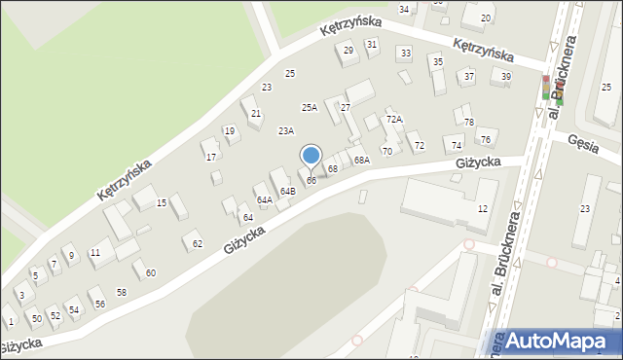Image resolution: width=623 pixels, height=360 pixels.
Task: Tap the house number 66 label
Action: coord(311,181)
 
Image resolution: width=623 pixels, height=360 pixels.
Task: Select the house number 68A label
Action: coord(361,160)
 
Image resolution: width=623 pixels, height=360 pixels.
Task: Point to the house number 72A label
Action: coord(393,119)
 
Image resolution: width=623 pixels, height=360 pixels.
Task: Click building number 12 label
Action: coord(482,209)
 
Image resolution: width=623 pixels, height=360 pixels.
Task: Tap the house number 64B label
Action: coord(287,192)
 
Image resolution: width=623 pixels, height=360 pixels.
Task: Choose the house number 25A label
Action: coord(310,108)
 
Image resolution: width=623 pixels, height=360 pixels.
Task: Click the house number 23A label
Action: coord(285,130)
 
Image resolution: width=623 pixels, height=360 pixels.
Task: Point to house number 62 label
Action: coord(198,243)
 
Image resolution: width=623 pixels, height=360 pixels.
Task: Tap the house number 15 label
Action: coord(162,202)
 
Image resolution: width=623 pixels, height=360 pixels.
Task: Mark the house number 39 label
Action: coord(505,76)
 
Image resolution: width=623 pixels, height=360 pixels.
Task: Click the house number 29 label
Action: coord(348,50)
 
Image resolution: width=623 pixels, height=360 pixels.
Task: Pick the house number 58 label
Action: coord(122,292)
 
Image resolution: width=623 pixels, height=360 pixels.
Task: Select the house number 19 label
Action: coord(230,130)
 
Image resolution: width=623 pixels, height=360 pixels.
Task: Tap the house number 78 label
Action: coord(468,122)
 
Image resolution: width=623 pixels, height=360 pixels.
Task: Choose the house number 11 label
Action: coord(94,253)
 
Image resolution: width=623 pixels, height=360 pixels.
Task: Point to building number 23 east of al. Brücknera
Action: coord(585,208)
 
